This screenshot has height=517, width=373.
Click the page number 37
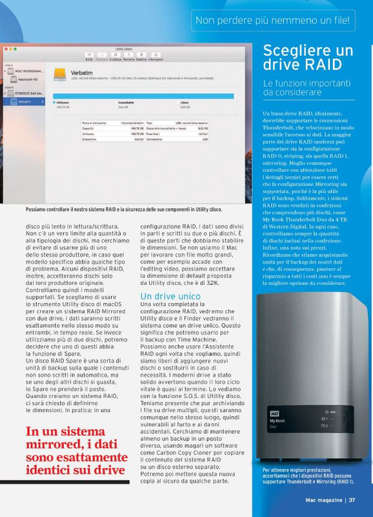coord(352,499)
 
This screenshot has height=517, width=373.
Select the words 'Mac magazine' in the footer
coord(325,499)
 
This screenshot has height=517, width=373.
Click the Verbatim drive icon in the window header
coord(59,75)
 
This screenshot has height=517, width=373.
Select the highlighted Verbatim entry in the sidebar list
coord(25,101)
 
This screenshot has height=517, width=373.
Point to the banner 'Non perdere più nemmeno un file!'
coord(274,21)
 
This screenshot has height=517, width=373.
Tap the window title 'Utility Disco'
coord(123,49)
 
